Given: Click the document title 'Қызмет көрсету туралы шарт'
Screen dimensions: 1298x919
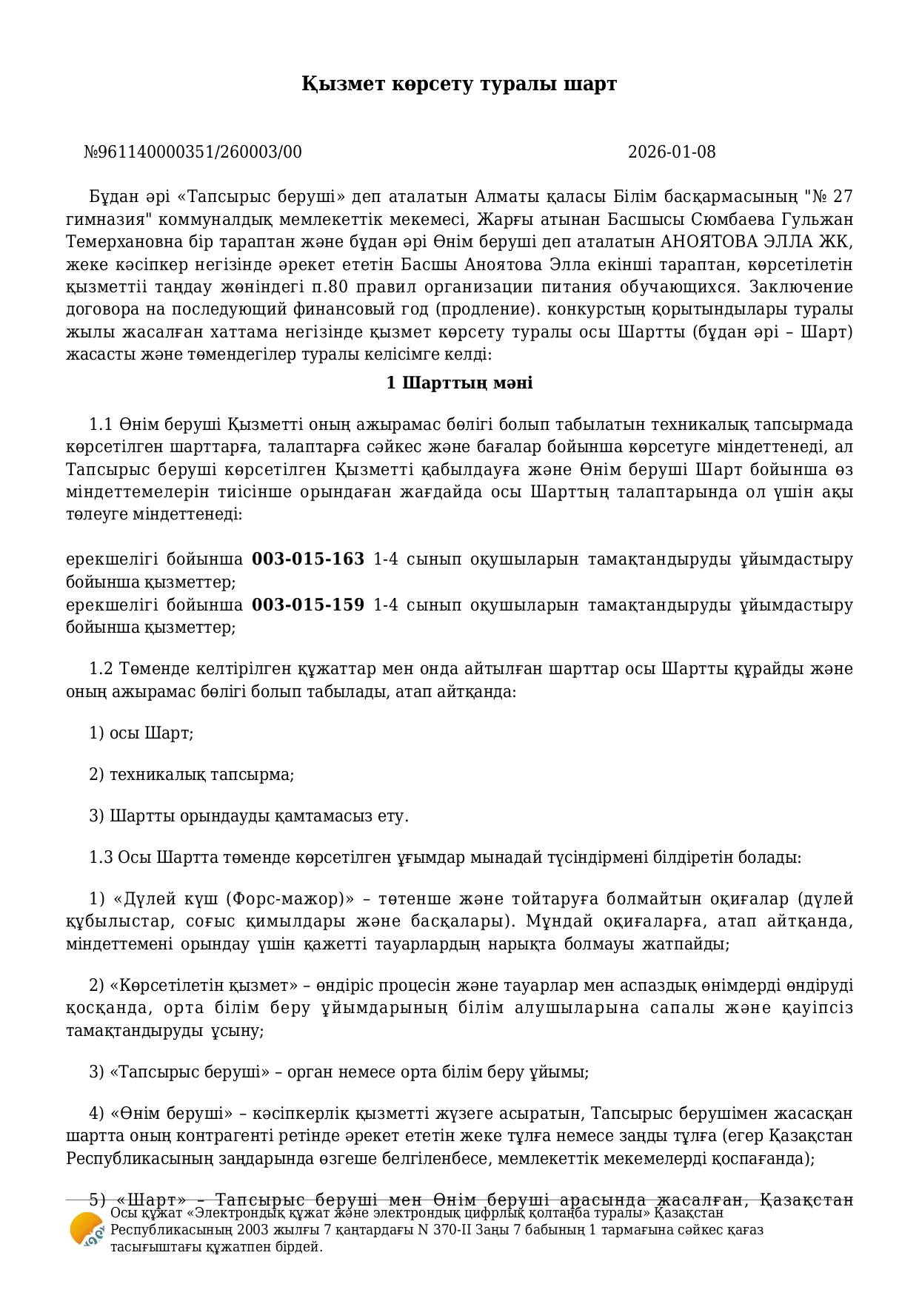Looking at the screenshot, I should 458,84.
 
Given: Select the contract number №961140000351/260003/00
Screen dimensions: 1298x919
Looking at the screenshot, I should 193,152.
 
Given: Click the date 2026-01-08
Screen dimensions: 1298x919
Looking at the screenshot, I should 671,152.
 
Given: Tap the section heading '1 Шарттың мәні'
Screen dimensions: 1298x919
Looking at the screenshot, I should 459,383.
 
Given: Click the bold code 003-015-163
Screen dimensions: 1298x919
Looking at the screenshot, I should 308,559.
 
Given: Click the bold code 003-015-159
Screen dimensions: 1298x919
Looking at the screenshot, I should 308,605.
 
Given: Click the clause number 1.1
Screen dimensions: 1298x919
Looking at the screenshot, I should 101,425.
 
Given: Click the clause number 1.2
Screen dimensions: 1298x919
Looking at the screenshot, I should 101,669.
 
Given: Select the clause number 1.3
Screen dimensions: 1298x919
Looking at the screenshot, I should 101,858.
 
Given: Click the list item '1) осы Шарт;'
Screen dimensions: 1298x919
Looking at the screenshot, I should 141,733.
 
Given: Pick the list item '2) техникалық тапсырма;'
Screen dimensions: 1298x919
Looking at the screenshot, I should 192,775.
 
